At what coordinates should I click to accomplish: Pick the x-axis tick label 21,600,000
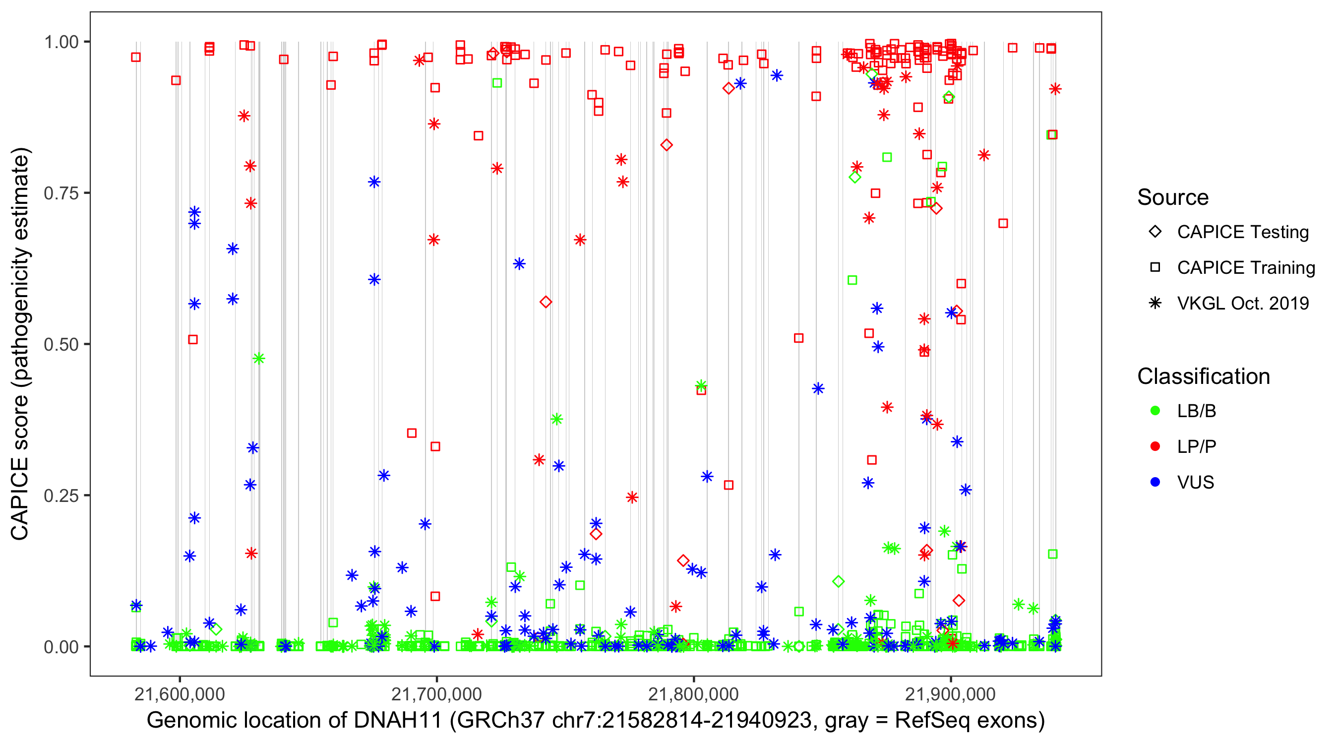(180, 694)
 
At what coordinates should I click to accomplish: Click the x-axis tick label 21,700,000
(436, 694)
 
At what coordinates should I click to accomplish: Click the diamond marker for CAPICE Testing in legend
(1155, 232)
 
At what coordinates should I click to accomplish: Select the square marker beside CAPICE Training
(1155, 267)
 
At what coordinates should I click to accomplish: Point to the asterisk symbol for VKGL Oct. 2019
(1155, 303)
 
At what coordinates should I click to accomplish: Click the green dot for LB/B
(1155, 411)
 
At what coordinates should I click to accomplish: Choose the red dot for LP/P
(1155, 446)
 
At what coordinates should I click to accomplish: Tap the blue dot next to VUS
(1155, 482)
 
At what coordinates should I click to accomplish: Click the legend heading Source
(1173, 197)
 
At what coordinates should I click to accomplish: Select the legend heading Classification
(1203, 376)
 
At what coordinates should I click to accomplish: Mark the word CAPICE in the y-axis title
(20, 499)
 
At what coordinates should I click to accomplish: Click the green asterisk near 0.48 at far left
(258, 359)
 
